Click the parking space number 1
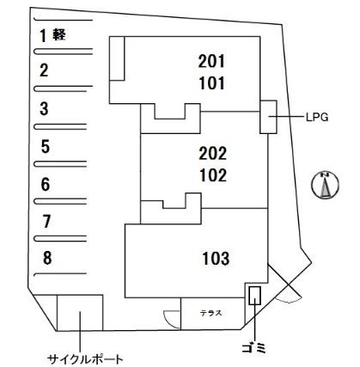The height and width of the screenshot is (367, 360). point(43,35)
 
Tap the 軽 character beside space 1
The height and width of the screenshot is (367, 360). point(59,34)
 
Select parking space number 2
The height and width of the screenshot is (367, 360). point(44,70)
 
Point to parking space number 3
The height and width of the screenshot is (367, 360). point(44,109)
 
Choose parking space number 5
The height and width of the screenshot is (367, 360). point(46,147)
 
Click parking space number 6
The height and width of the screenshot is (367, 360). point(46,184)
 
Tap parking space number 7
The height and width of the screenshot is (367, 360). point(46,222)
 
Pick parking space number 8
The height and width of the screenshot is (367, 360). point(47,258)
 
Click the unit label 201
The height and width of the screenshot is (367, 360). point(211,61)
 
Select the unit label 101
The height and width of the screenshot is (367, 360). point(211,83)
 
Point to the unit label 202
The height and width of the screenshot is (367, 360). point(213,153)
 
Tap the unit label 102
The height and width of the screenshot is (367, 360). point(213,175)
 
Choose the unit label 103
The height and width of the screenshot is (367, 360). point(216,258)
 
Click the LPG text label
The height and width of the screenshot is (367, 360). point(316,117)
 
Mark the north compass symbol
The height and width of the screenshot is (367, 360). point(325,186)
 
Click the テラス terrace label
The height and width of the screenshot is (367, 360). point(211,313)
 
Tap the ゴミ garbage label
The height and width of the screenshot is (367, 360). point(254,348)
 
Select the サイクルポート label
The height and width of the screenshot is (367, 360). point(85,359)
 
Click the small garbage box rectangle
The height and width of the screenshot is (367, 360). point(254,296)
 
